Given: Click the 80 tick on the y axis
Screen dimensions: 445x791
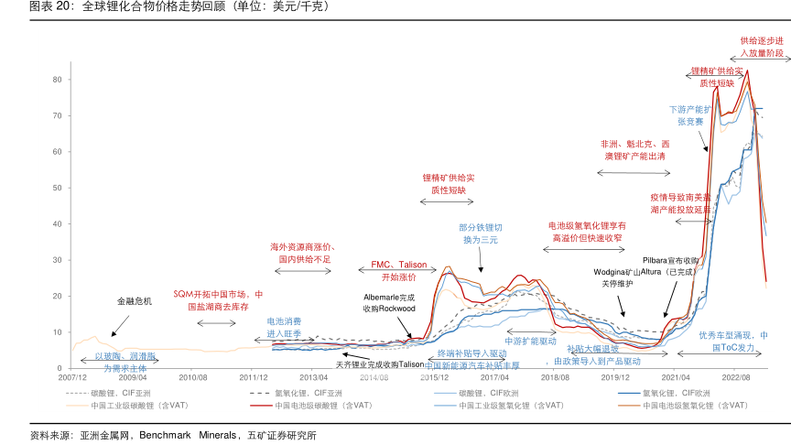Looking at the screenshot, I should [56, 80].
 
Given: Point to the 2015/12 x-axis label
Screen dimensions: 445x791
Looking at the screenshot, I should [434, 376].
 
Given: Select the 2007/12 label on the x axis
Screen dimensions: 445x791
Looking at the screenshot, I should [72, 376].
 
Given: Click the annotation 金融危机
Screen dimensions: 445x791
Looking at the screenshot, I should [134, 300].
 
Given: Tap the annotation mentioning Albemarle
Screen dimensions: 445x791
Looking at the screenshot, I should [389, 303].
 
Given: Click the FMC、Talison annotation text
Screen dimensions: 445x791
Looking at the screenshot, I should [398, 270].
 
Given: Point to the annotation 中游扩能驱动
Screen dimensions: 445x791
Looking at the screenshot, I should [531, 341].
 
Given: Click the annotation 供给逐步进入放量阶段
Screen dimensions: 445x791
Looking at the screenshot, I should [762, 47].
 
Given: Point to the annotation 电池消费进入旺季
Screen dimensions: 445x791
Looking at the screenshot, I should [284, 328].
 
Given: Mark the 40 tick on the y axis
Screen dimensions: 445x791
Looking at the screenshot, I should [56, 223].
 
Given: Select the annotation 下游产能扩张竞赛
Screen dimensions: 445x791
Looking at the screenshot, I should [689, 114].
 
